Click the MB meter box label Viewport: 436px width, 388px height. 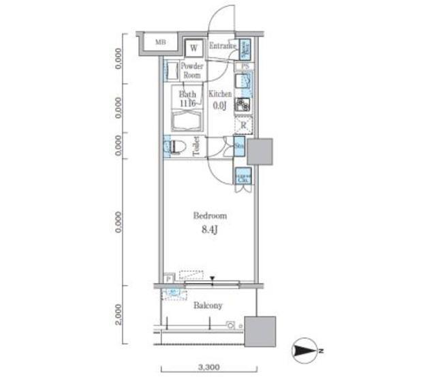[x=161, y=42]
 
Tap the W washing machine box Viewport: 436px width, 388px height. [x=194, y=48]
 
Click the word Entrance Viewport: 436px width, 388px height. [x=222, y=46]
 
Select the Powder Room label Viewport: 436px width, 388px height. [x=192, y=71]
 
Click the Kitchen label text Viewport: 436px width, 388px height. [x=220, y=94]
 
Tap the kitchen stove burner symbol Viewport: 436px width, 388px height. [x=243, y=105]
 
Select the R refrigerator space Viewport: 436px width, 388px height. [x=243, y=125]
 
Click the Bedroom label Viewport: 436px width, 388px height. [x=206, y=215]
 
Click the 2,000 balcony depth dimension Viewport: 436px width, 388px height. [x=119, y=315]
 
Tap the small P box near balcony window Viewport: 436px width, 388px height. [x=167, y=279]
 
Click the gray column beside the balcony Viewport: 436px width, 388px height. [x=260, y=332]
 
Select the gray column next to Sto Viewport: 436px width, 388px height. [x=260, y=151]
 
